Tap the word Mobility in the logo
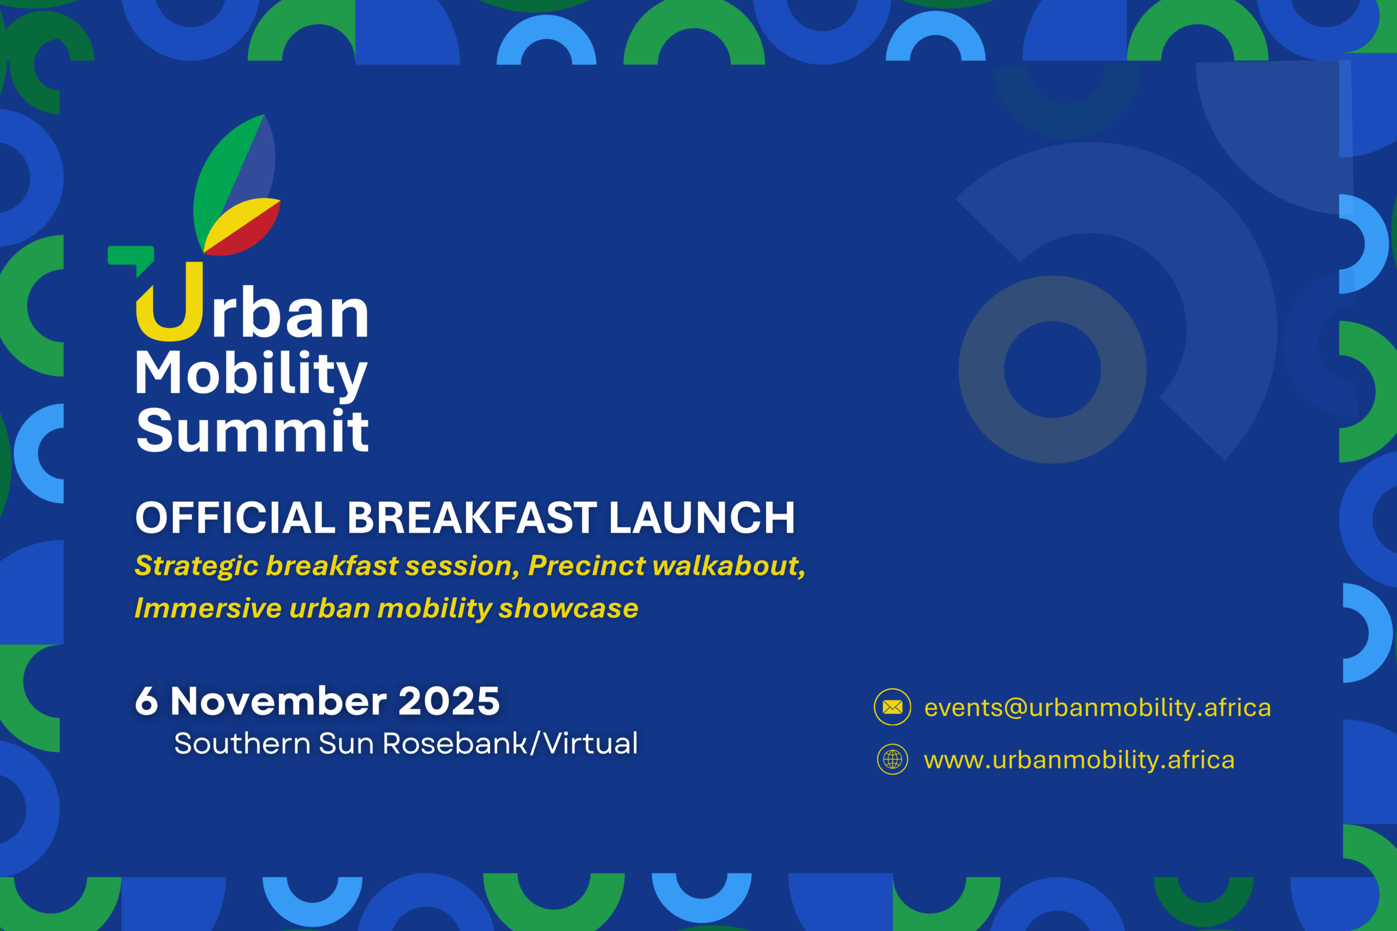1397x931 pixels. coord(251,375)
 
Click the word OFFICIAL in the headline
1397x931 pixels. coord(235,518)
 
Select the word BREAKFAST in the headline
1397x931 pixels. coord(472,518)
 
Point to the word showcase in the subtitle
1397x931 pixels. coord(569,608)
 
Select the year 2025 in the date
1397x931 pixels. coord(449,701)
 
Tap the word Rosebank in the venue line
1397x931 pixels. coord(455,743)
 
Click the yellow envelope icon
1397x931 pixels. coord(892,706)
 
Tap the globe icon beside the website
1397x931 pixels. coord(892,759)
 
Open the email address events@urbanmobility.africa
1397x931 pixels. coord(1097,708)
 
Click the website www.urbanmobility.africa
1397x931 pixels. coord(1079,760)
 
